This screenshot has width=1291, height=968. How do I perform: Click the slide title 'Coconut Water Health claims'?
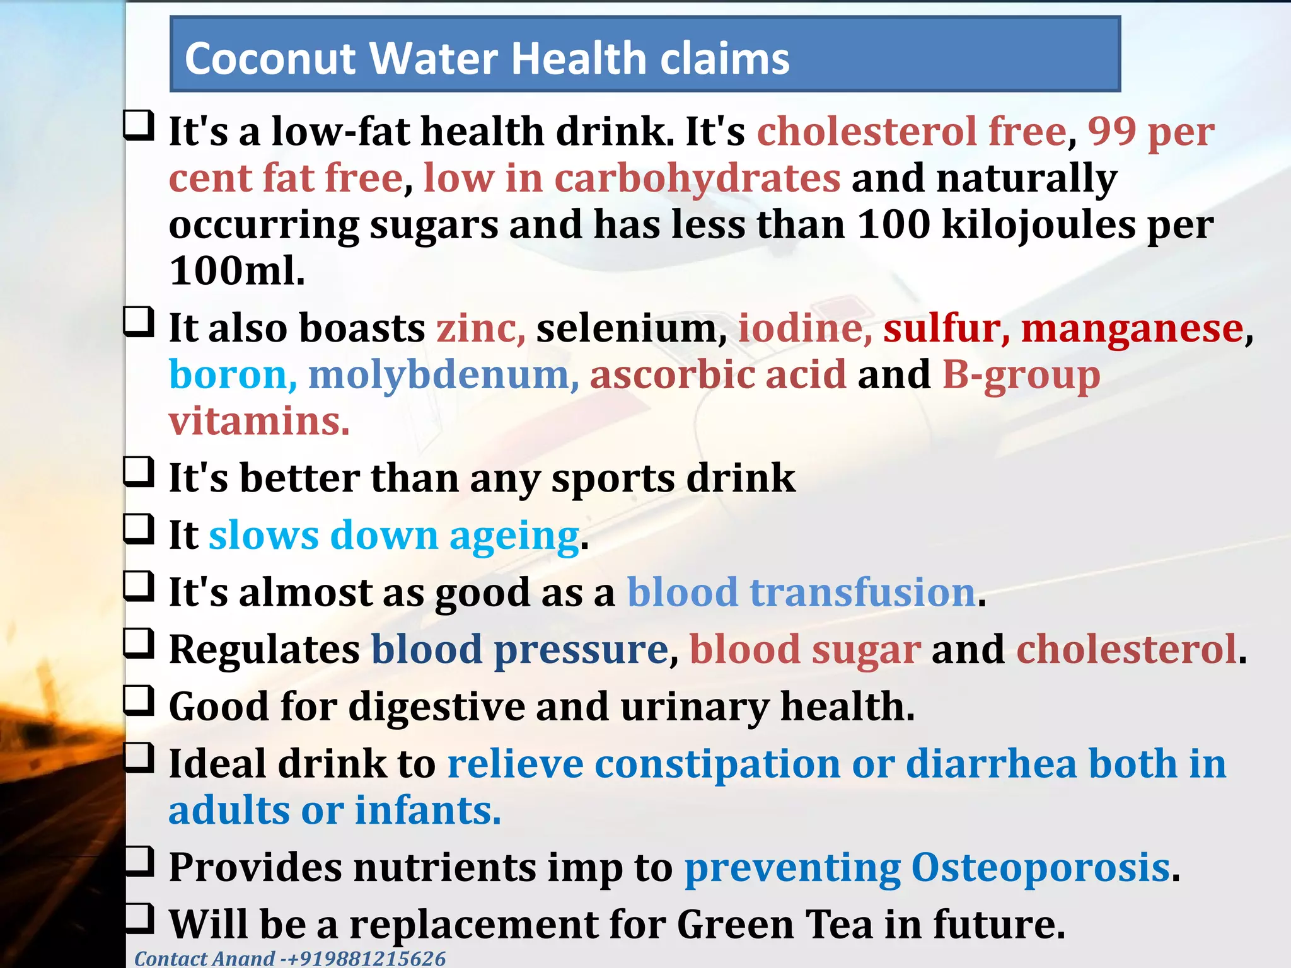[487, 58]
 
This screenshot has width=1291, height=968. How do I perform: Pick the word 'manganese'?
[1132, 329]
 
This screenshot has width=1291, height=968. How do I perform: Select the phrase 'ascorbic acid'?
[717, 375]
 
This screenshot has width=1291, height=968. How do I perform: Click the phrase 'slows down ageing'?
[394, 536]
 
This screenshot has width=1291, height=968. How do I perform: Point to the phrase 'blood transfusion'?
[802, 593]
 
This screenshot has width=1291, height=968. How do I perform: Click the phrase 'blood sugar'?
[805, 650]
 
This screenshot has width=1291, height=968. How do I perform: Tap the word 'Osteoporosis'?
[1041, 868]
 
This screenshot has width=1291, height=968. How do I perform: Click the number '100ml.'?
[237, 272]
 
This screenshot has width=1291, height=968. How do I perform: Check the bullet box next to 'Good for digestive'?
[139, 701]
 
